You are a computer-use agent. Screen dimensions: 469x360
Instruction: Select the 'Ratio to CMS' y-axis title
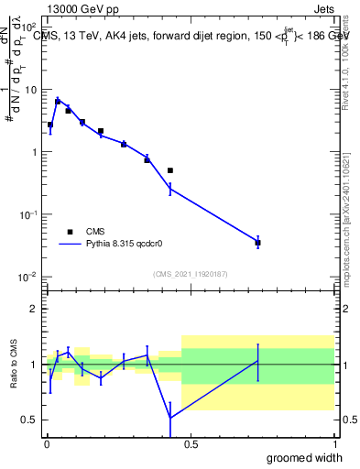[14, 365]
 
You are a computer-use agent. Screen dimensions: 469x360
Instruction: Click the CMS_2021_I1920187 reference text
[190, 274]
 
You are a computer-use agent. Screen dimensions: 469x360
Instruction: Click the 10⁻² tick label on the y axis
[29, 277]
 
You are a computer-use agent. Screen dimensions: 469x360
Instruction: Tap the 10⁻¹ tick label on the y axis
[29, 214]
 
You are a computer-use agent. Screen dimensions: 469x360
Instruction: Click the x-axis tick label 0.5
[190, 444]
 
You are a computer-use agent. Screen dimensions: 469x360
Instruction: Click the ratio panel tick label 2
[35, 309]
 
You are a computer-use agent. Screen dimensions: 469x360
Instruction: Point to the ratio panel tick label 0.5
[30, 420]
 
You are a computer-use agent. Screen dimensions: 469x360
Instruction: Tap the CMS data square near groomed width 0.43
[170, 170]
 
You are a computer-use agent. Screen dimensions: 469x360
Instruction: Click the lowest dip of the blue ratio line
[170, 418]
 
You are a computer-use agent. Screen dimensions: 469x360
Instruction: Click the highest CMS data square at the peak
[58, 102]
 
